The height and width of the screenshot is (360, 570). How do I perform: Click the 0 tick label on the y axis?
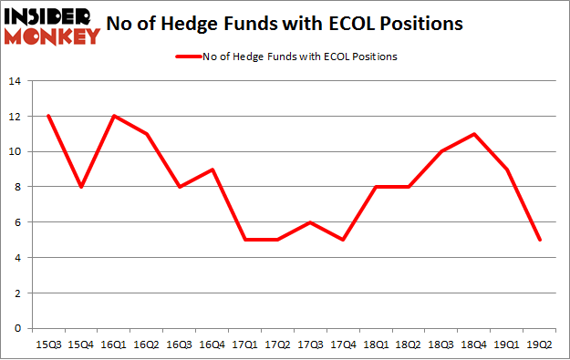pos(16,328)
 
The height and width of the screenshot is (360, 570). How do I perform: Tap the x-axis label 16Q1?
pos(113,344)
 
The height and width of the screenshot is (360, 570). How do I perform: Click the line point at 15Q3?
pos(48,116)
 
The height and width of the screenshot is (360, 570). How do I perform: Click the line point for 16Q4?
pos(212,170)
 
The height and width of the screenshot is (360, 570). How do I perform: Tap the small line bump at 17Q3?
pos(311,222)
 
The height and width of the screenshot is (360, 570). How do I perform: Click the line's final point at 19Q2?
pos(541,240)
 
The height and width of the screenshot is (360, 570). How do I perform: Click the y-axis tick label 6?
pos(16,222)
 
